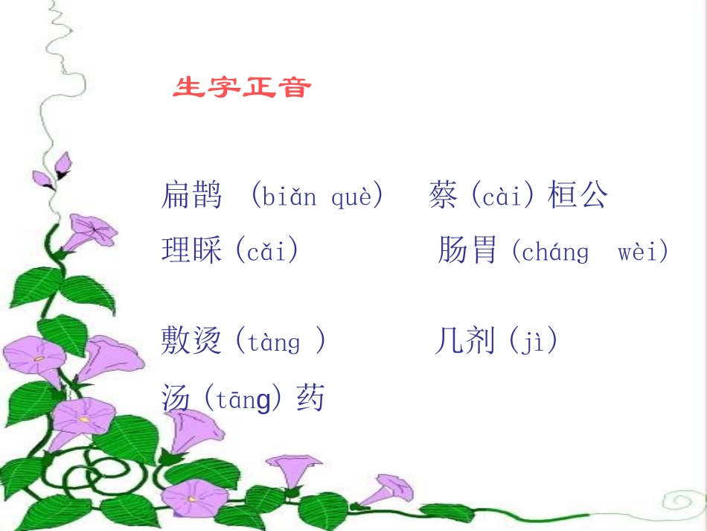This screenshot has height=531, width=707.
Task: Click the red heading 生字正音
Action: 242,88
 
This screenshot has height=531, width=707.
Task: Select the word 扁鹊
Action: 192,195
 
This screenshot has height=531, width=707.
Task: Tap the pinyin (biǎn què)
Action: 317,197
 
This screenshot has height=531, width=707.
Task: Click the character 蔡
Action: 443,195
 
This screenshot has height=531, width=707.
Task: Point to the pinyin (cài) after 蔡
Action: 503,197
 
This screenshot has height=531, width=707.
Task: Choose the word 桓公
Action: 578,195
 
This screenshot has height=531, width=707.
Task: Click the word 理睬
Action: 192,250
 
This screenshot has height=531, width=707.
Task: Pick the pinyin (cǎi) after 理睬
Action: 266,251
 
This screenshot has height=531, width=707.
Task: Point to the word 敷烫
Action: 192,341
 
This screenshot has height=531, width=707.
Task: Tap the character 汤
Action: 176,398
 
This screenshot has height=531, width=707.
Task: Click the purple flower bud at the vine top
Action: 61,165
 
